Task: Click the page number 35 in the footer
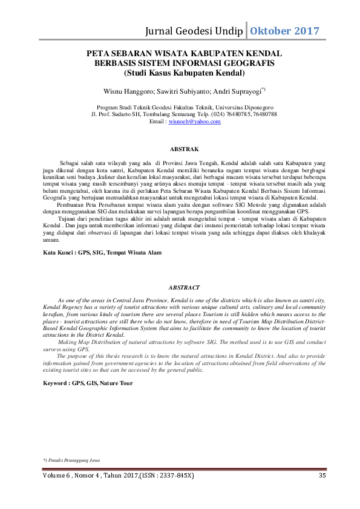point(322,476)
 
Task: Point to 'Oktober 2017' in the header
point(285,30)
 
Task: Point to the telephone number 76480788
point(264,114)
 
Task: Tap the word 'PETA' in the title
point(99,54)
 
